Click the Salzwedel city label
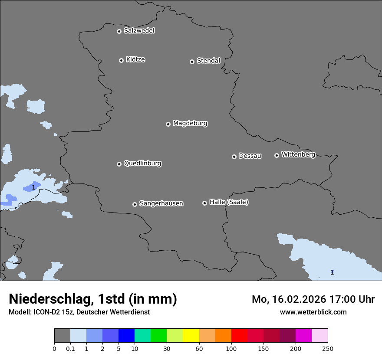pos(139,31)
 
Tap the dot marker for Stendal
pos(192,62)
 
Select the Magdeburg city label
pos(190,124)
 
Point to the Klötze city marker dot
pos(121,60)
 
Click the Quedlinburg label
pos(142,164)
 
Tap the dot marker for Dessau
pos(234,157)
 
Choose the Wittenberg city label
pos(298,155)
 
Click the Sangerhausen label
pos(161,203)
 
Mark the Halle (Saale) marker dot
pos(204,203)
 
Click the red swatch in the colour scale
pos(239,336)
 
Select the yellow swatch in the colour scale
pos(191,336)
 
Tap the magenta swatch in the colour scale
pos(303,336)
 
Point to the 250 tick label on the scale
pos(328,348)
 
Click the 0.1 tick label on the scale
pos(70,348)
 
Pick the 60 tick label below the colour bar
pos(199,348)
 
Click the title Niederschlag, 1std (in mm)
pos(93,299)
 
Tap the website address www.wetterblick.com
pos(313,312)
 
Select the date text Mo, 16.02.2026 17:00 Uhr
pos(313,299)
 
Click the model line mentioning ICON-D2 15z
pos(79,312)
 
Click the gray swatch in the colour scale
pos(62,336)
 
